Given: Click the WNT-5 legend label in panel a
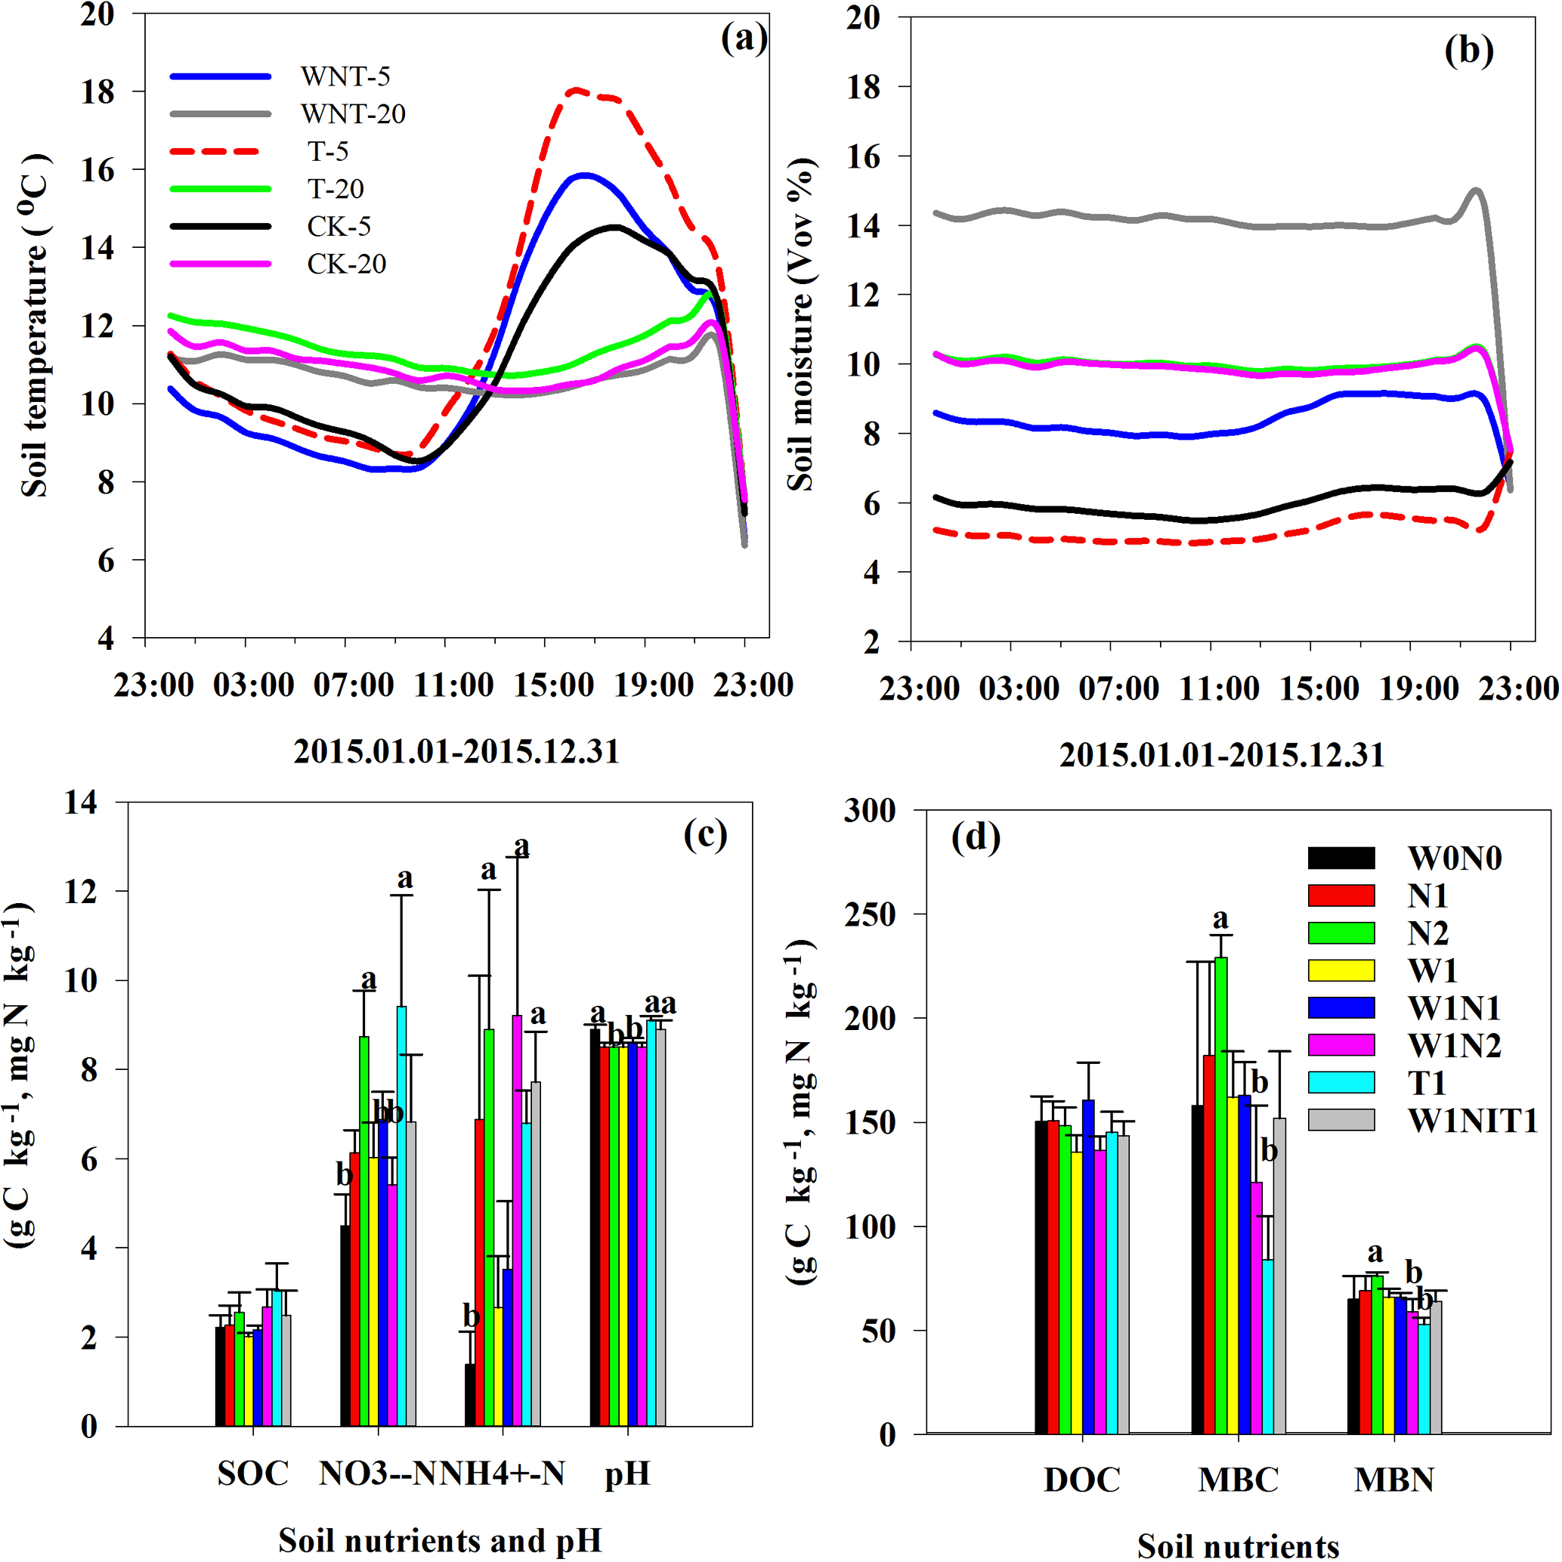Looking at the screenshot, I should pos(345,77).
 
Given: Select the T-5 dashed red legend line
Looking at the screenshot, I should pos(215,151).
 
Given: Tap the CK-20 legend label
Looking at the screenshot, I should pos(346,264).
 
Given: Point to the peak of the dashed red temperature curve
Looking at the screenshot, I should pos(576,91).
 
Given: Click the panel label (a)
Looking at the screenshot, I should pos(744,38).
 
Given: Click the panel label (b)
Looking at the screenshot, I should pos(1469,50).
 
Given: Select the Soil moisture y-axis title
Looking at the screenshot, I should pos(800,323).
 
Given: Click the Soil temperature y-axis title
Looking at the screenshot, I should pos(35,323).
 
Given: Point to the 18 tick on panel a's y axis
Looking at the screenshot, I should pos(97,92).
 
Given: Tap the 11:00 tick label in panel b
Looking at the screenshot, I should pos(1219,689).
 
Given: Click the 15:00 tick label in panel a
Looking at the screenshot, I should pos(554,685).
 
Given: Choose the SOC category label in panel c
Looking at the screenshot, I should pos(252,1473).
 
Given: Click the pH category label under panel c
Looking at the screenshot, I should pos(628,1473).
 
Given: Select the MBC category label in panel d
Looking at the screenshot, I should pos(1239,1480).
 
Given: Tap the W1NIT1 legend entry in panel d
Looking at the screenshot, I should pos(1472,1121).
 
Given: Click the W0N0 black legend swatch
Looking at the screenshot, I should pos(1341,858).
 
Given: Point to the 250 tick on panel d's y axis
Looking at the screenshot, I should pos(870,914).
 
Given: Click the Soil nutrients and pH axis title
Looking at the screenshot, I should pos(440,1540).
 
